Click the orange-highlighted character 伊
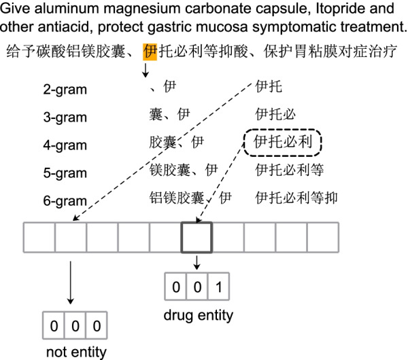[150, 52]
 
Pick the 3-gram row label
[64, 117]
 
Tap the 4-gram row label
[64, 145]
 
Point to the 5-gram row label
[64, 173]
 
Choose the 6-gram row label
[64, 201]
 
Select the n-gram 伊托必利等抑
[296, 198]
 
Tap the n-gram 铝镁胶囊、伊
[191, 198]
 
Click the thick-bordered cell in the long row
[197, 238]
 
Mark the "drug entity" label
[198, 315]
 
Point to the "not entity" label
[75, 351]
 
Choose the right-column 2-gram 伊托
[266, 87]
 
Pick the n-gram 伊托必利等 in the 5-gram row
[289, 170]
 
